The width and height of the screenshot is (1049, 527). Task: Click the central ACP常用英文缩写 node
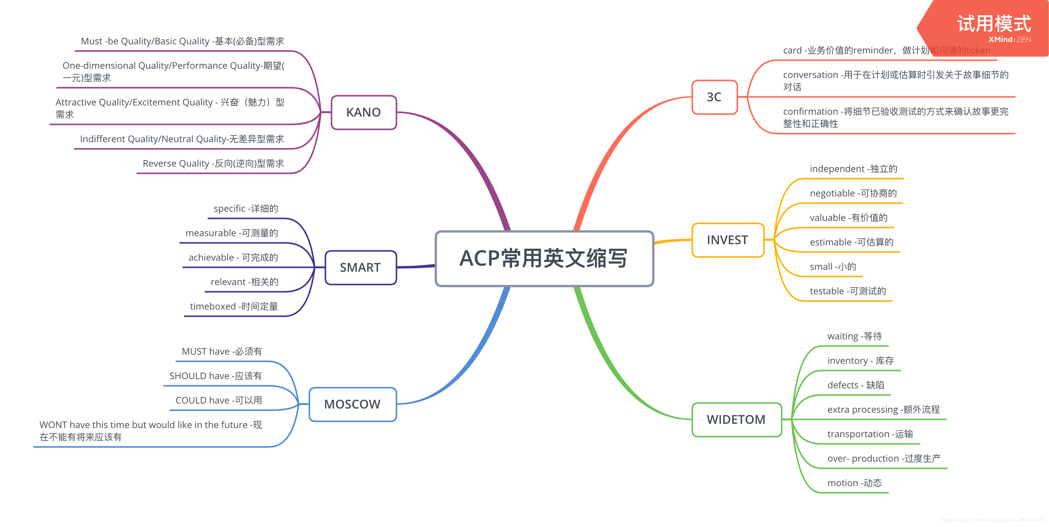tap(544, 259)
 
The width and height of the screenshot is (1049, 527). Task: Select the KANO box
tap(364, 112)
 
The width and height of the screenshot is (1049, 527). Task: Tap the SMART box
tap(360, 268)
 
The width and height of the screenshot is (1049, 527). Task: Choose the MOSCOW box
tap(352, 404)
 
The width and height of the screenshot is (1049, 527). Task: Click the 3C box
tap(714, 97)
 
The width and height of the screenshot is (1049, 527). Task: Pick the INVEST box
tap(727, 240)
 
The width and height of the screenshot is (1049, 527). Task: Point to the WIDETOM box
tap(736, 420)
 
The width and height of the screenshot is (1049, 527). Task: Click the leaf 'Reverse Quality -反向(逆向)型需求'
tap(213, 163)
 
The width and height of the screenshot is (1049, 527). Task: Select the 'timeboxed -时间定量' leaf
tap(234, 306)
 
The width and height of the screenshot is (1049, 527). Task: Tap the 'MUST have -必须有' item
tap(222, 352)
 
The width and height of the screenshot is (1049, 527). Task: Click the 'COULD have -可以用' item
tap(219, 401)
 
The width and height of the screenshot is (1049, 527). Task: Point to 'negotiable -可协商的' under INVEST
tap(853, 193)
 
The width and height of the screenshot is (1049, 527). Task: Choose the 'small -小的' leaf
tap(833, 267)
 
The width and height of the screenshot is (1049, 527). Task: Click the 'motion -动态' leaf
tap(854, 483)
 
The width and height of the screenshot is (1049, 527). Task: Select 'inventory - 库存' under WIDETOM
tap(861, 361)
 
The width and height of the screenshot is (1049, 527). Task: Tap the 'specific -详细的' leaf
tap(246, 209)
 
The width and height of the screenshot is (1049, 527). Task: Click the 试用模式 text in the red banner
tap(994, 24)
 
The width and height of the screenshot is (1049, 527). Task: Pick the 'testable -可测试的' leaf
tap(848, 291)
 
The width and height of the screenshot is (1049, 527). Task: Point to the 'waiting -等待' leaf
tap(854, 336)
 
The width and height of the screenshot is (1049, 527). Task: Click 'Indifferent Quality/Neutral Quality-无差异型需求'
tap(182, 139)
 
